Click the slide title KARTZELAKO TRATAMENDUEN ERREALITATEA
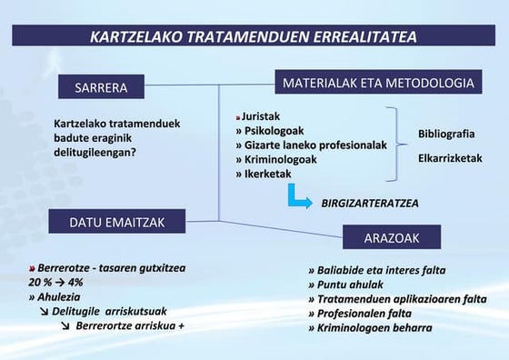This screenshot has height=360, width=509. (x=254, y=37)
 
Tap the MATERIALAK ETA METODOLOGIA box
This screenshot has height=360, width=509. (x=378, y=83)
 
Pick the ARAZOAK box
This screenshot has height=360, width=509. (x=392, y=237)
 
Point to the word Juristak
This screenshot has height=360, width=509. (x=261, y=117)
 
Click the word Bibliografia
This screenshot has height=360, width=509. (x=446, y=134)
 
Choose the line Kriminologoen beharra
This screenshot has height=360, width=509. (x=370, y=327)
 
